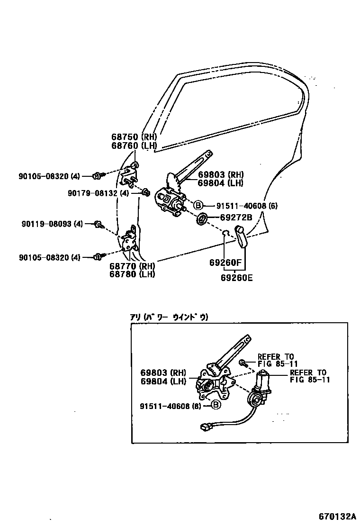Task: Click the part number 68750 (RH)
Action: [x=134, y=137]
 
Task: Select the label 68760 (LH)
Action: [x=134, y=146]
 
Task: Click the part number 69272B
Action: [x=236, y=218]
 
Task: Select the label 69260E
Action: [x=236, y=278]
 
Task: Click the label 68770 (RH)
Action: [x=134, y=266]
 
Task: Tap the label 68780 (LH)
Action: [x=134, y=274]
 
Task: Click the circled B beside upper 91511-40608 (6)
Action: [x=198, y=206]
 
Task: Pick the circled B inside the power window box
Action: [x=215, y=405]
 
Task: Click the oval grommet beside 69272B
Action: [x=201, y=219]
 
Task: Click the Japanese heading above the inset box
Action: [x=169, y=318]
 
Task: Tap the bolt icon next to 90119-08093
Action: [x=99, y=224]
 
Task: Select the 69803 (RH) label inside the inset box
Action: [x=163, y=373]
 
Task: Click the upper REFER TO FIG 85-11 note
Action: [x=276, y=360]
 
